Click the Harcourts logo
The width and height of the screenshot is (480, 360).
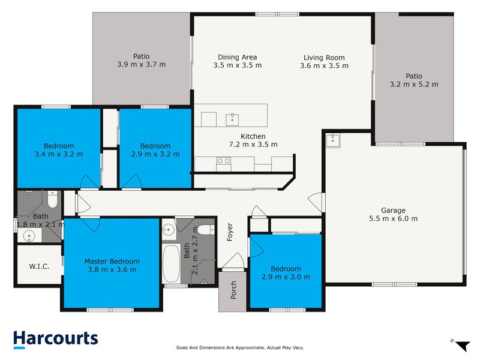point(56,340)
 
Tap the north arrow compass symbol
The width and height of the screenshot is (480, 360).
point(462,346)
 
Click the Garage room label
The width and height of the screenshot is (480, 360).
point(393,211)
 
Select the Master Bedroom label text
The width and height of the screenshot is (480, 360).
point(112,262)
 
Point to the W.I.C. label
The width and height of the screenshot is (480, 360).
point(39,266)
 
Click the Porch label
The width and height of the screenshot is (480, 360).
point(233,290)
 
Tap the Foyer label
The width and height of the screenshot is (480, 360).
point(230,232)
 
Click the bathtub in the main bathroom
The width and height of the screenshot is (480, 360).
point(171,263)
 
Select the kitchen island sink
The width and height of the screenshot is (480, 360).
point(232,119)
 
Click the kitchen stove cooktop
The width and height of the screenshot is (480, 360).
point(223,161)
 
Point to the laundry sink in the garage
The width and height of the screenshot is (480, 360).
point(333,141)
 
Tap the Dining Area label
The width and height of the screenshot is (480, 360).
point(237,57)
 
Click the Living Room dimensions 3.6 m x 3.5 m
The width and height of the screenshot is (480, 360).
point(324,65)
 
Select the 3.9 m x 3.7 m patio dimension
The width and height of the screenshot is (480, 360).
point(142,64)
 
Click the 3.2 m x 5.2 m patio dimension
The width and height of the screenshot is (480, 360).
point(414,84)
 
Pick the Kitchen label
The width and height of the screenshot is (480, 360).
point(253,136)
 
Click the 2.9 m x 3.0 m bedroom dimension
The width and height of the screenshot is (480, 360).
point(286,277)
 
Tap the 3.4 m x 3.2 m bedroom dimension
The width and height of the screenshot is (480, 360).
point(59,154)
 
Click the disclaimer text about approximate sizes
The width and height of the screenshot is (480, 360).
point(239,347)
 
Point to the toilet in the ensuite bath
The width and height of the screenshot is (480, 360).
point(52,199)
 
